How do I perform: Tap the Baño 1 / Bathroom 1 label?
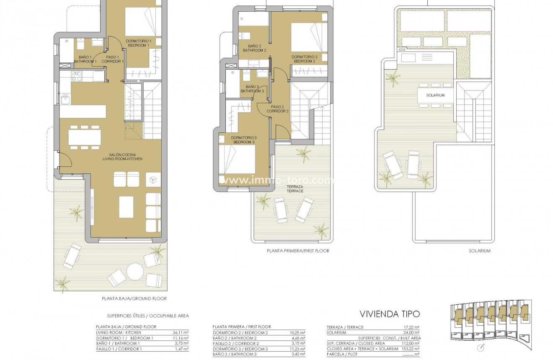(85, 60)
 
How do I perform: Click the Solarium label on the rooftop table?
(435, 95)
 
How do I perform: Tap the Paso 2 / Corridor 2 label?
(278, 109)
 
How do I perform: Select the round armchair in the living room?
(152, 180)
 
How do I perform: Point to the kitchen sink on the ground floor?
(66, 99)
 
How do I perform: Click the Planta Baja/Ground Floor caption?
(134, 299)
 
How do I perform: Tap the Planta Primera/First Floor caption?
(298, 251)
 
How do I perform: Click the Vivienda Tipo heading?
(390, 314)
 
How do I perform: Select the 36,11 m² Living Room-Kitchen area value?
(181, 332)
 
